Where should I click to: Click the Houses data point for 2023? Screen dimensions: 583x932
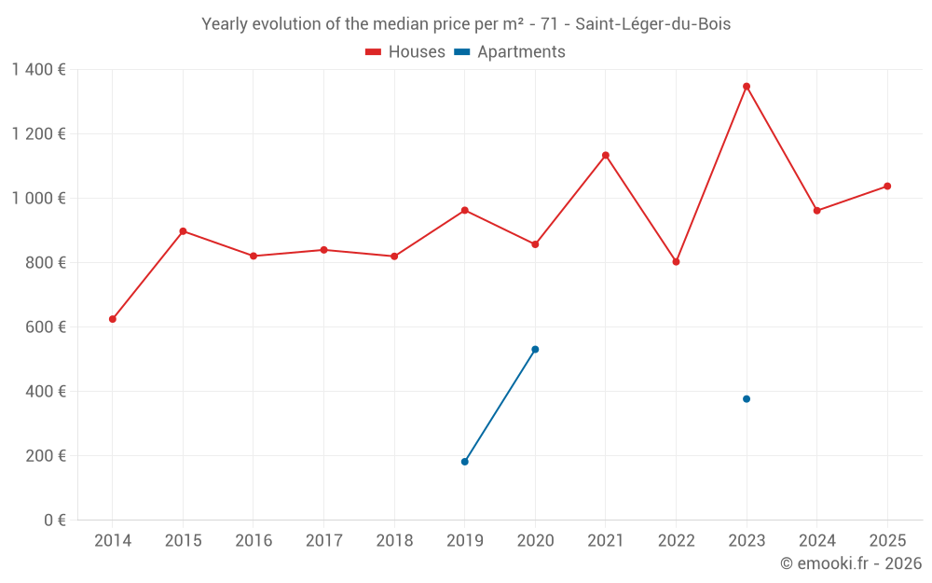(747, 87)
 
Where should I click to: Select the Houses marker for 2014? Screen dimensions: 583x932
(113, 319)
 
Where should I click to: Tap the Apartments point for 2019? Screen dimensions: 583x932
(465, 462)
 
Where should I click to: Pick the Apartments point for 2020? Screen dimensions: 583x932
(535, 350)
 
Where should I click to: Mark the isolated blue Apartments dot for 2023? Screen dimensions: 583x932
(747, 399)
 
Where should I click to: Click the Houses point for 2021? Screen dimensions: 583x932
(606, 156)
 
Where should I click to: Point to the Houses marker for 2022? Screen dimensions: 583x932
(676, 262)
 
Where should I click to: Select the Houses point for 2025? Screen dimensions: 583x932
(887, 187)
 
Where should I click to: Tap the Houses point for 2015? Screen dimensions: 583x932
(183, 231)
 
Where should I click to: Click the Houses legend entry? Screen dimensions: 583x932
(405, 52)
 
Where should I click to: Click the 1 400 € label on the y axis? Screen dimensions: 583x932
(38, 70)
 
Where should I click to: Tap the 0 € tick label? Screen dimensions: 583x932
(55, 521)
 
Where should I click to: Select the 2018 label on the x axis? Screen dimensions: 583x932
(394, 541)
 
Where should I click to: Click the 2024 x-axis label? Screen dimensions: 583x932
(816, 541)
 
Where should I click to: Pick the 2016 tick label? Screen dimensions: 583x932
(254, 541)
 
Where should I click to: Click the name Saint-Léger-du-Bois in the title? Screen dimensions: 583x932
(652, 24)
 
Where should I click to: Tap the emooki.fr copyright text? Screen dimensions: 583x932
(851, 563)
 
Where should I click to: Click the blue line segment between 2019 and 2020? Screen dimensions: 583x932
(500, 406)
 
